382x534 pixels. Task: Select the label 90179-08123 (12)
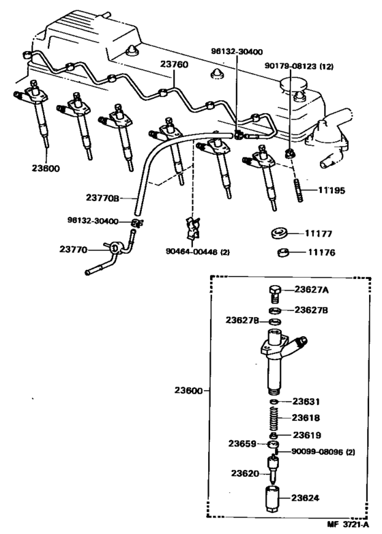pyautogui.click(x=298, y=67)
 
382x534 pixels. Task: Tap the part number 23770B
pyautogui.click(x=103, y=198)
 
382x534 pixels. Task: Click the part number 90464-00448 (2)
pyautogui.click(x=197, y=252)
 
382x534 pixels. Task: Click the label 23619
pyautogui.click(x=307, y=434)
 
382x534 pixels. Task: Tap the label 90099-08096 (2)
pyautogui.click(x=323, y=451)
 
